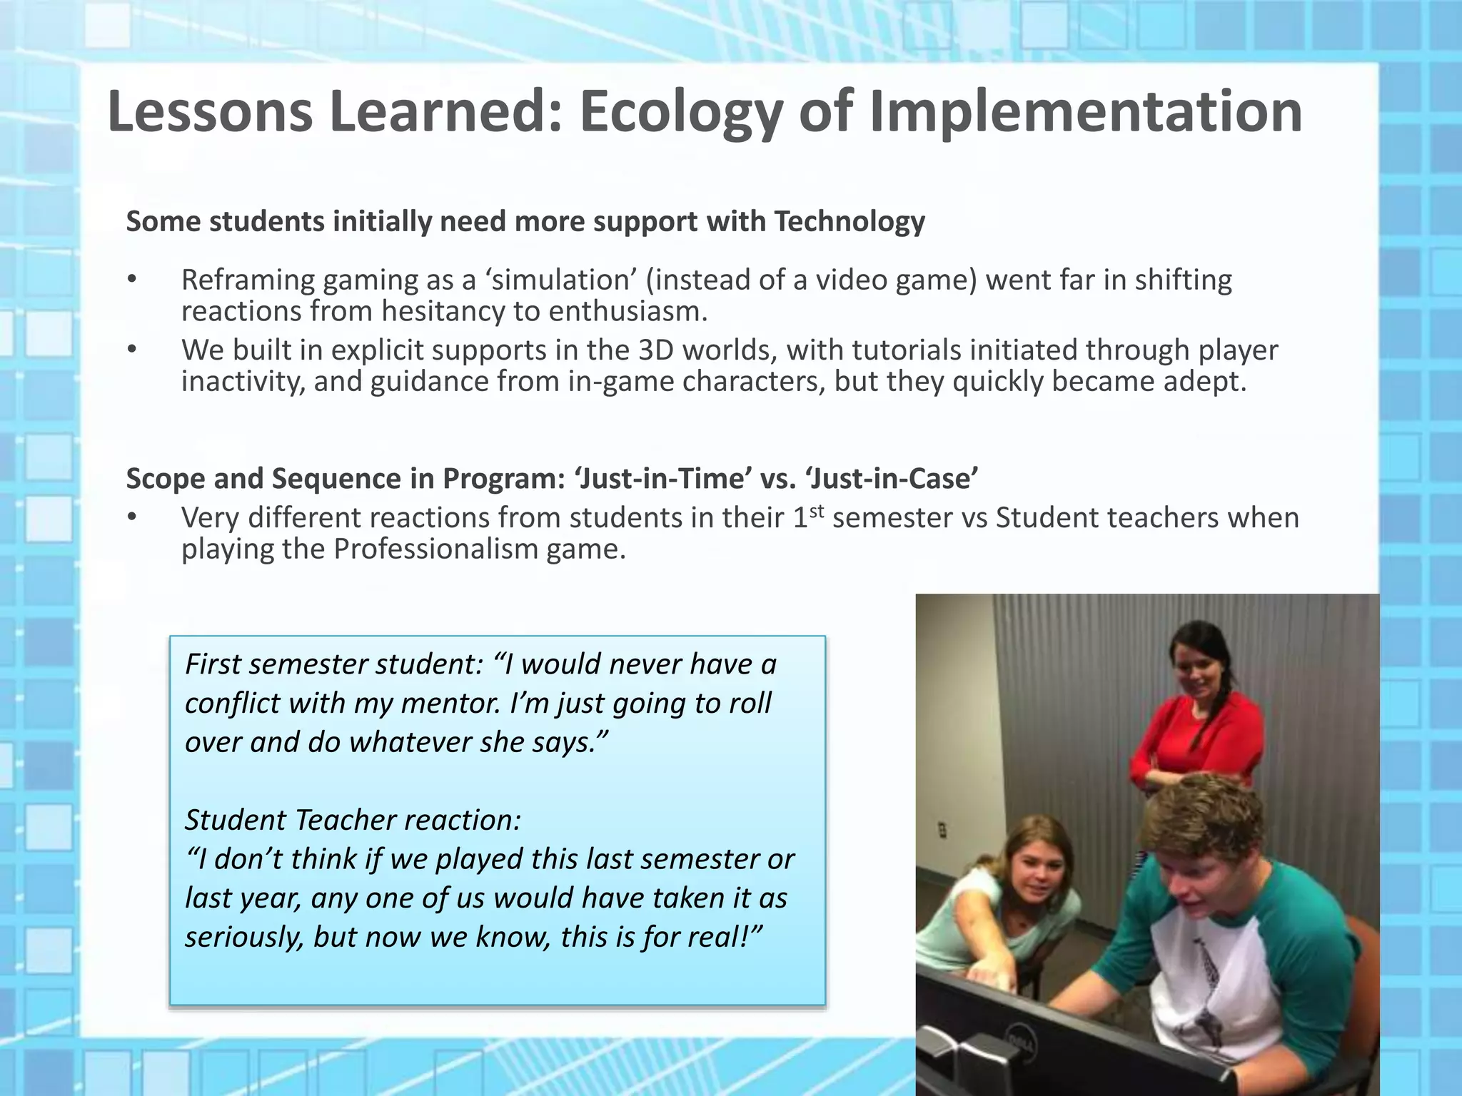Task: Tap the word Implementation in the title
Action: click(1085, 113)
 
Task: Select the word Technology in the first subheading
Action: click(850, 222)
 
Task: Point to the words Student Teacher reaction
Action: click(353, 820)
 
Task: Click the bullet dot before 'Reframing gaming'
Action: click(131, 280)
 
